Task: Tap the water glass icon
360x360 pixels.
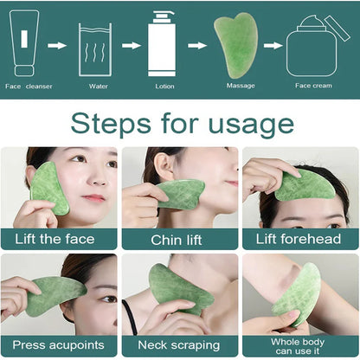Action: [x=94, y=51]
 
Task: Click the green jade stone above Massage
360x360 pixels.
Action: [x=235, y=45]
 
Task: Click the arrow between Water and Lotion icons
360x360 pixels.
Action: [x=129, y=46]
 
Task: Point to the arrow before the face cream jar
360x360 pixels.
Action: [x=274, y=46]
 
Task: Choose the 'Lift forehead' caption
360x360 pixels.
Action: [x=300, y=239]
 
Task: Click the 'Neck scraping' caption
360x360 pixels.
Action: [x=178, y=345]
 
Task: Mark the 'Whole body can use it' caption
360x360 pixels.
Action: [x=300, y=345]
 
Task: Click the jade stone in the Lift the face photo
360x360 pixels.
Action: [x=49, y=188]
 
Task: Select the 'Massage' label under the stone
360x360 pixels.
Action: [x=240, y=86]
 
